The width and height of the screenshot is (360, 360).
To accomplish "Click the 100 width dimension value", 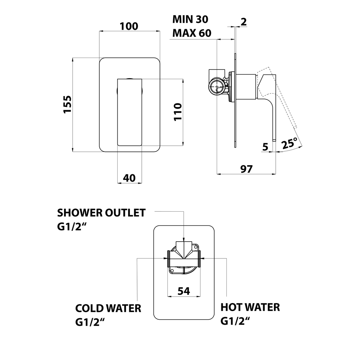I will point(129,26).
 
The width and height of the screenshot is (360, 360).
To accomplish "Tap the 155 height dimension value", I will point(68,104).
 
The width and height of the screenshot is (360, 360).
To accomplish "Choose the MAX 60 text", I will point(192,33).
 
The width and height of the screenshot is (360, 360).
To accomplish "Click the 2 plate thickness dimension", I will point(243,22).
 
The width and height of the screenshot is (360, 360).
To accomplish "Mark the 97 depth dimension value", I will point(246,168).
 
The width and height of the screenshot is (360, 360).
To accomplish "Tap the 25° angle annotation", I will point(290,143).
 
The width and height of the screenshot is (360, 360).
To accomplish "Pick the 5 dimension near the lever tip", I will point(266,147).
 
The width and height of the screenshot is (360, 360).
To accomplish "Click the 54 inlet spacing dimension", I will point(184,291).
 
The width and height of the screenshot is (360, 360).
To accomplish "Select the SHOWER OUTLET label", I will point(102,213).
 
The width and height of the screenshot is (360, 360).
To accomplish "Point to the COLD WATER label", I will point(108,309).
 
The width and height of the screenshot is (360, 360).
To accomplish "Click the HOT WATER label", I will point(250,307).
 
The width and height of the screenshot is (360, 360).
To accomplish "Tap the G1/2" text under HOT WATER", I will point(235,321).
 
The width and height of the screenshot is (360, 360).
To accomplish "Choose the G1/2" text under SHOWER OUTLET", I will point(72,227).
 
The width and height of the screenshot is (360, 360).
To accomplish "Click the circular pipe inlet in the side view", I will point(217,86).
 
